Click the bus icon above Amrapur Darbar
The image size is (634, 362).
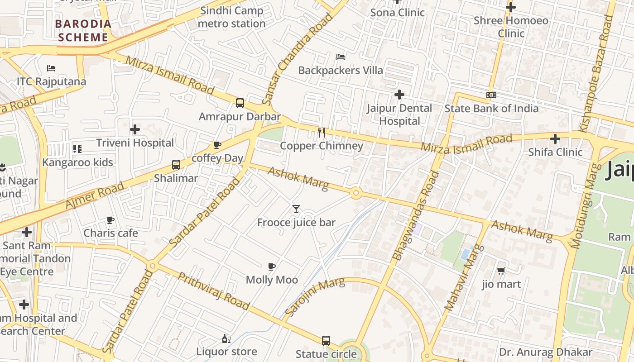click(240, 103)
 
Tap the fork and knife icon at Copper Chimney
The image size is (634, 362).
click(322, 133)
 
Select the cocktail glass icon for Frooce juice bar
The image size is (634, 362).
click(296, 209)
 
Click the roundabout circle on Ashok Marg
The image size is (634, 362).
click(356, 193)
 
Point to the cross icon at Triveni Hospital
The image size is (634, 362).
click(135, 130)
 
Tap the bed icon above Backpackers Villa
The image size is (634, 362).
click(341, 57)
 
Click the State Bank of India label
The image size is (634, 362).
click(491, 109)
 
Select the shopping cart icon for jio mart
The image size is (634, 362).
click(501, 271)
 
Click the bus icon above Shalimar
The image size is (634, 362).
click(176, 165)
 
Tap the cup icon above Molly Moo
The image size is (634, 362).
click(272, 267)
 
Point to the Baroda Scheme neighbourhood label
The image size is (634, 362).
click(84, 31)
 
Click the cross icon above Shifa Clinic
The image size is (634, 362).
click(555, 139)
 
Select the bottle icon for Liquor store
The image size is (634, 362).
click(226, 338)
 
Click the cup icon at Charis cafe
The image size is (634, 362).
click(110, 220)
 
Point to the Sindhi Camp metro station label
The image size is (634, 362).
click(232, 17)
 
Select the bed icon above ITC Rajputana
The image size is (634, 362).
click(51, 68)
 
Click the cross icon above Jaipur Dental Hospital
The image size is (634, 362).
click(399, 95)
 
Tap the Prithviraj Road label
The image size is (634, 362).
click(213, 291)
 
